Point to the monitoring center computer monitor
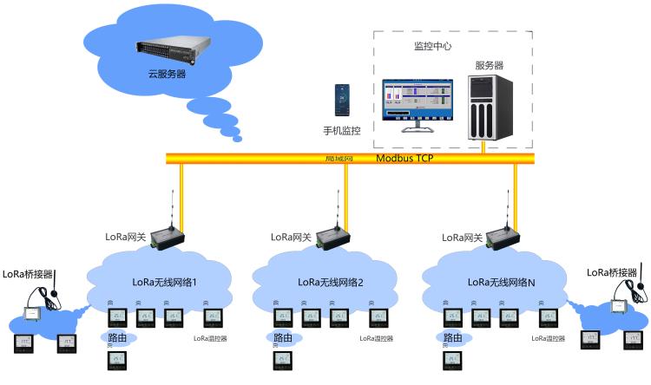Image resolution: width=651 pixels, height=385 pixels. coord(418,101)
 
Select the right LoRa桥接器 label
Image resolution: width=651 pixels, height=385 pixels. coord(615,272)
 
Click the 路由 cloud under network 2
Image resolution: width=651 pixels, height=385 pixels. coord(283,337)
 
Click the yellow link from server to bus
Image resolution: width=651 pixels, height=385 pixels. coord(483,147)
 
